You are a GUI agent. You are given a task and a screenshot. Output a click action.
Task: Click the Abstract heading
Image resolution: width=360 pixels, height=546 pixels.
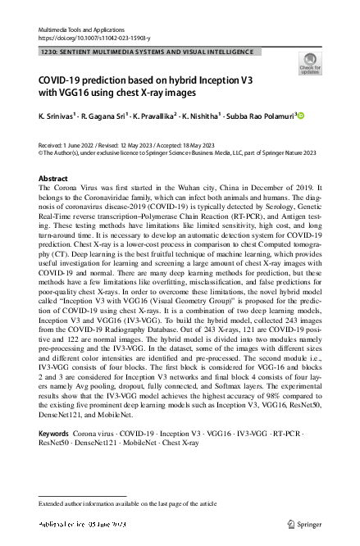53,178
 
